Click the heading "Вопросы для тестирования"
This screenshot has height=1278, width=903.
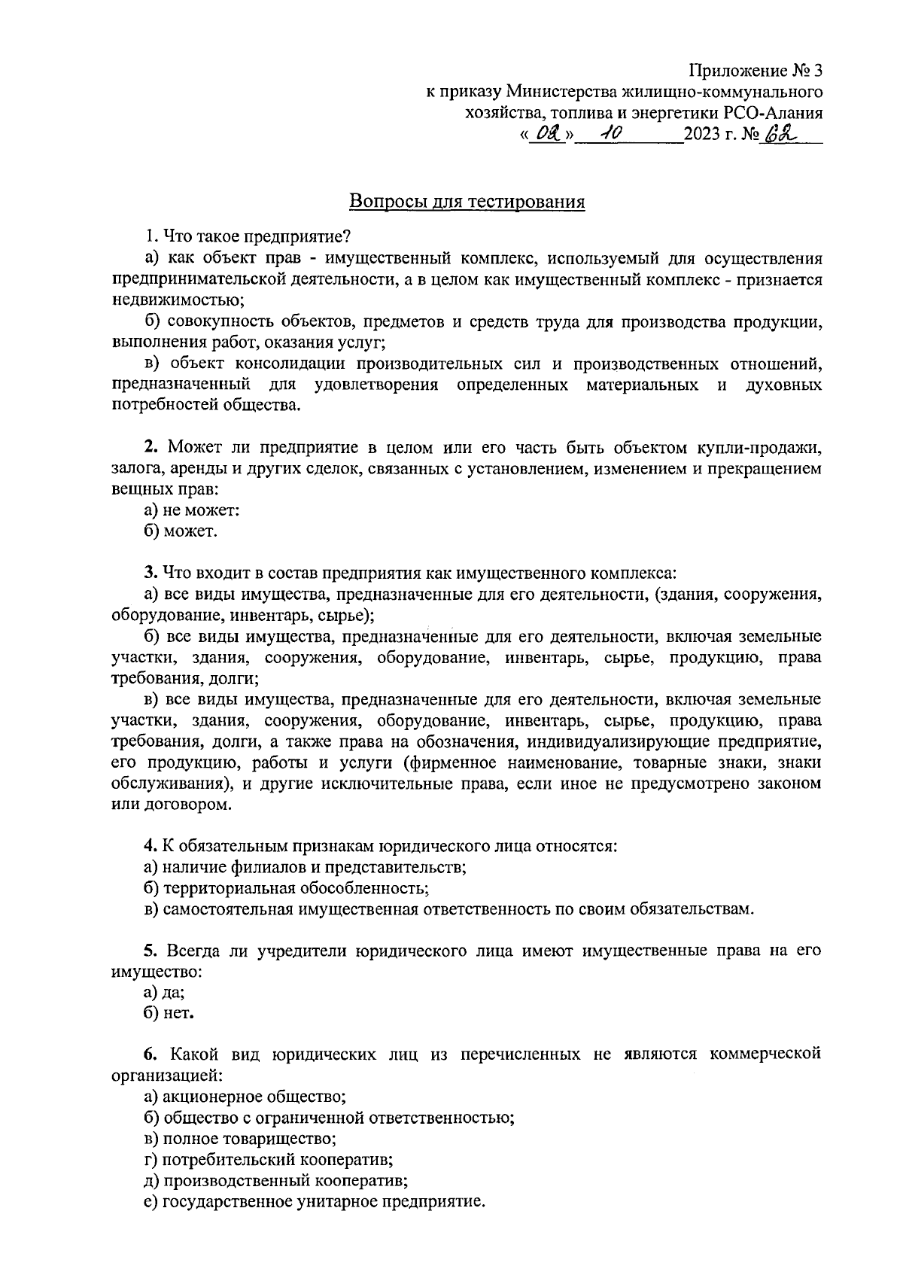coord(467,202)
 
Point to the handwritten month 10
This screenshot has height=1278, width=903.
coord(604,135)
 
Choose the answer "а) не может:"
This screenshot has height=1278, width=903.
coord(191,510)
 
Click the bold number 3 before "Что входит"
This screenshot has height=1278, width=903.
coord(150,573)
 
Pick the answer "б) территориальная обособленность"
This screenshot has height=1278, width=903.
coord(286,888)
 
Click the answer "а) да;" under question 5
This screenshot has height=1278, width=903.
coord(164,993)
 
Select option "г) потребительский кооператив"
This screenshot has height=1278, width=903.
coord(269,1160)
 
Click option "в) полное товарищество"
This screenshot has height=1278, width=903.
coord(240,1139)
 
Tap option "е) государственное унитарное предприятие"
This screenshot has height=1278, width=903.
coord(315,1202)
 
